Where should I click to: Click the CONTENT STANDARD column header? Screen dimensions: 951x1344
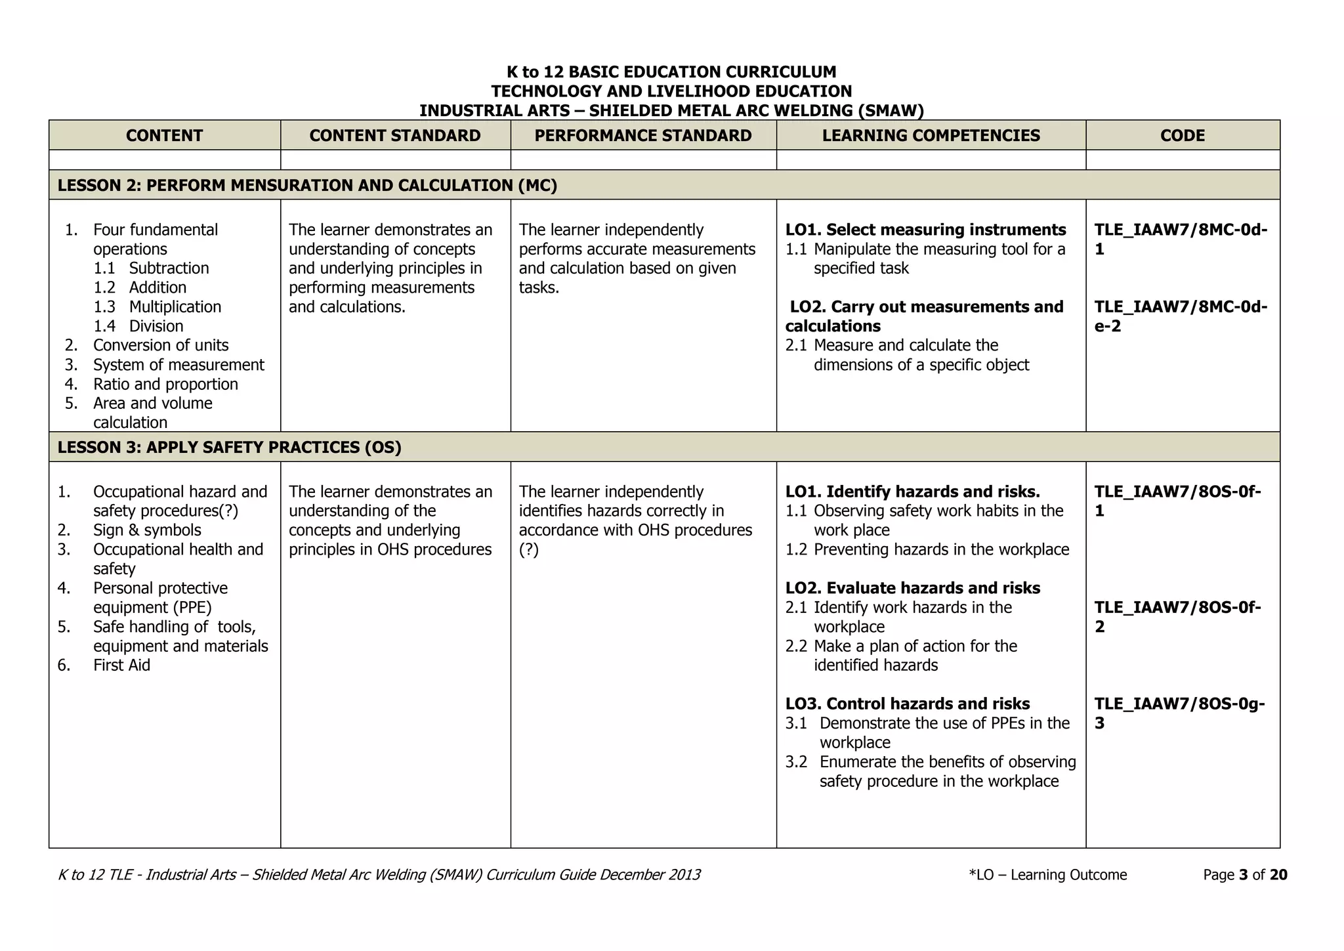(x=395, y=136)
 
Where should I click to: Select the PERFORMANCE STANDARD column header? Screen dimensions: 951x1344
(x=643, y=136)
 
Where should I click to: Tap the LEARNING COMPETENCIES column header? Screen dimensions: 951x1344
(x=931, y=136)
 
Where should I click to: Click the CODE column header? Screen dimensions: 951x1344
(x=1183, y=136)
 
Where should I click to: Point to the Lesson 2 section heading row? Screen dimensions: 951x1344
(x=307, y=186)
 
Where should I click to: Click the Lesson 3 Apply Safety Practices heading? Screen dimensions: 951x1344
(x=230, y=448)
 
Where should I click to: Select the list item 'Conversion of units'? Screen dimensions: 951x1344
(x=161, y=345)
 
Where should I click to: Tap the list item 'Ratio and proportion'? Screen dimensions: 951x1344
(x=165, y=384)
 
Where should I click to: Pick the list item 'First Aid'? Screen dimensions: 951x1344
(x=121, y=666)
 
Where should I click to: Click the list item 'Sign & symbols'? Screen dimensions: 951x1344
(x=147, y=530)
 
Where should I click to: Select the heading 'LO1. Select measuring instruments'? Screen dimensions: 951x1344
(x=925, y=230)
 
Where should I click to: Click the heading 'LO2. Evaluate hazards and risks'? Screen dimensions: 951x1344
(x=912, y=588)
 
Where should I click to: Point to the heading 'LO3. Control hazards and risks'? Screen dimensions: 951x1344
(x=908, y=704)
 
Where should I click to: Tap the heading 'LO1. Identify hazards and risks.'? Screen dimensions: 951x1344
(x=912, y=492)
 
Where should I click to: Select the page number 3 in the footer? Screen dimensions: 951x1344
(x=1243, y=875)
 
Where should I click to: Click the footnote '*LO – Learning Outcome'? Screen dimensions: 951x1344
(x=1047, y=875)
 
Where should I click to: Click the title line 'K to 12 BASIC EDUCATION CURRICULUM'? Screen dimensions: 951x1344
(x=671, y=72)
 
